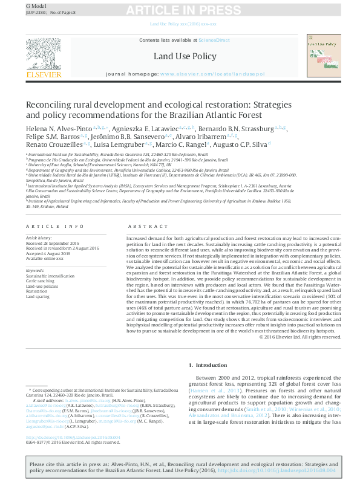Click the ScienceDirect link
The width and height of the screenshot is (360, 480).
pyautogui.click(x=215, y=40)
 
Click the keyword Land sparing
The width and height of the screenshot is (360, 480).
pyautogui.click(x=37, y=296)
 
